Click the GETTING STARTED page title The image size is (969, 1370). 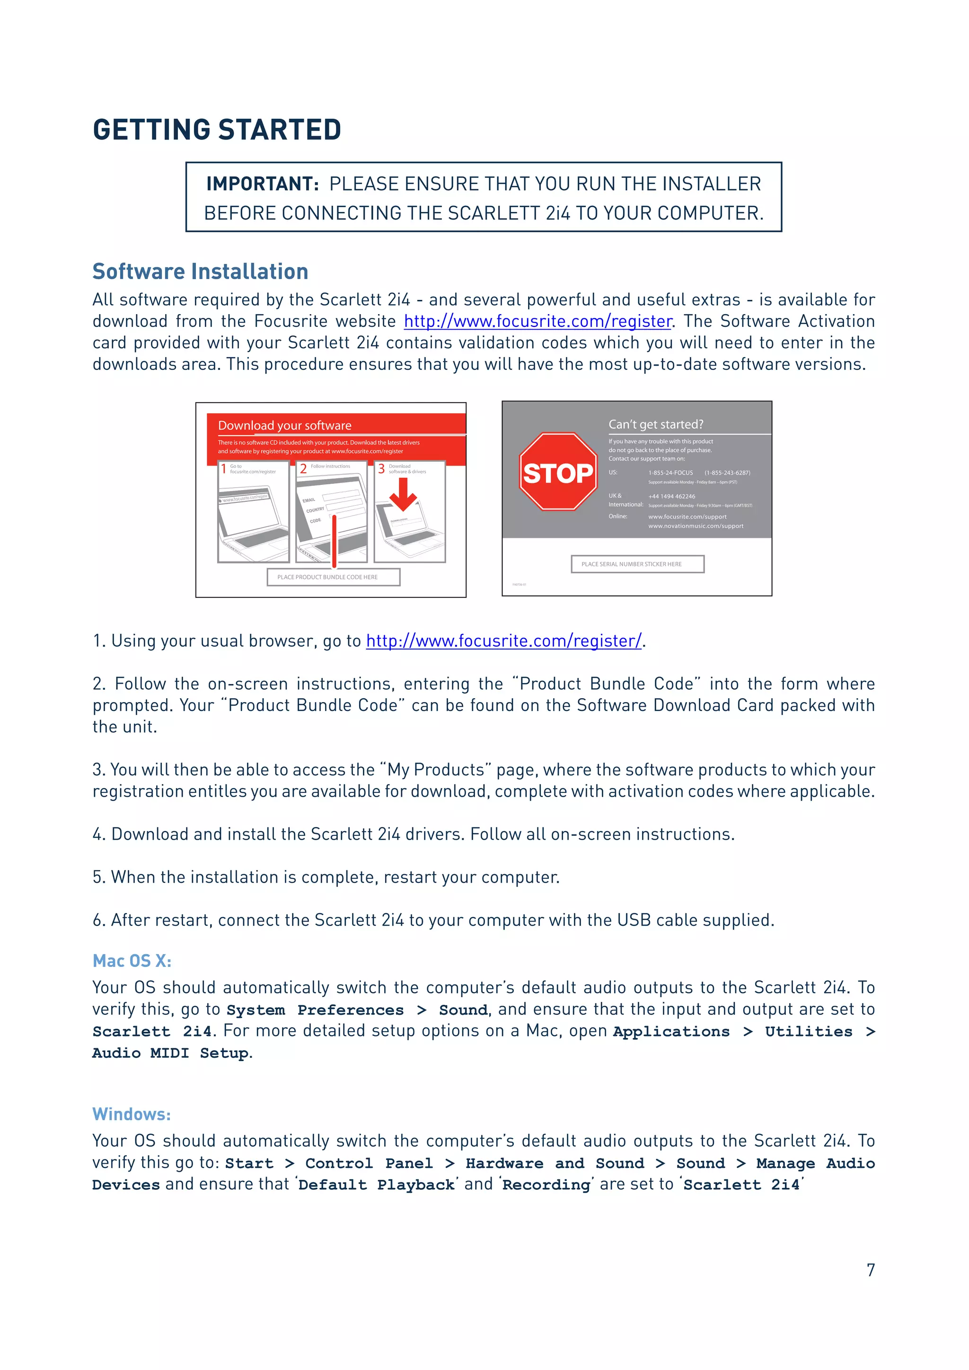[217, 130]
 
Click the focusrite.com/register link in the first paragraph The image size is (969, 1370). [537, 321]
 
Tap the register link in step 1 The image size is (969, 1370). [503, 641]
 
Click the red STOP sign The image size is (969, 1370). [557, 472]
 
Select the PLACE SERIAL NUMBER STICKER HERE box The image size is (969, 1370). [637, 564]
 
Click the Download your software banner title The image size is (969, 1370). [285, 425]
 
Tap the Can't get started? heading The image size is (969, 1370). [656, 424]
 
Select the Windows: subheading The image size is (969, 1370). [131, 1115]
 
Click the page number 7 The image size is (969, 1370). [871, 1270]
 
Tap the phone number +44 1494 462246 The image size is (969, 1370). [671, 496]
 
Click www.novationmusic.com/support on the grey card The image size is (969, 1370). [696, 526]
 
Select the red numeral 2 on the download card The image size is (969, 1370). [303, 469]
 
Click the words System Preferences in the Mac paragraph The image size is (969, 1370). [315, 1010]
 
